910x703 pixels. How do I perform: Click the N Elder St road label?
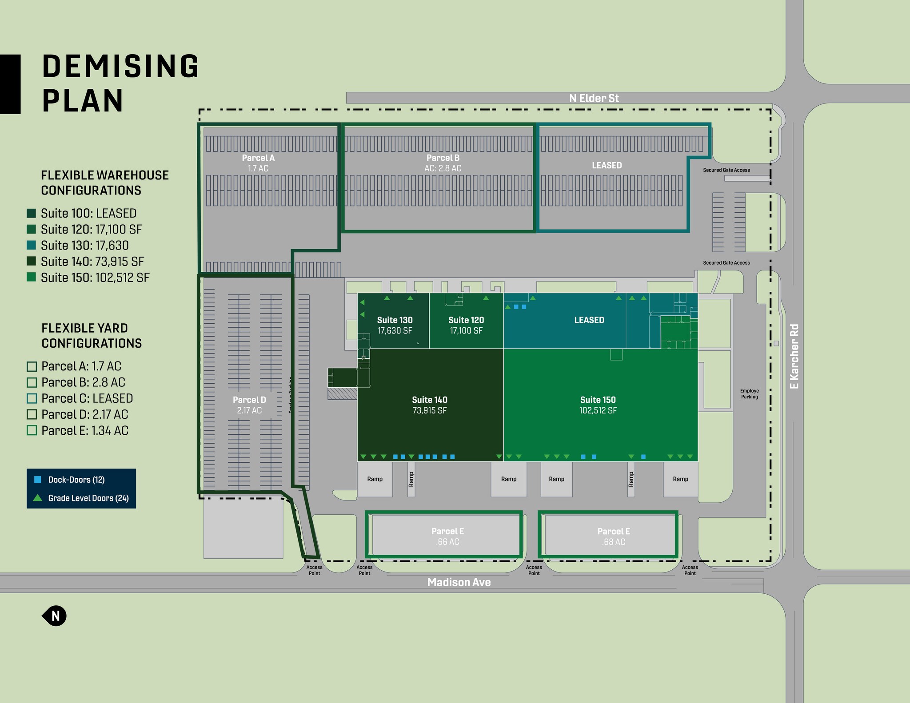pos(594,98)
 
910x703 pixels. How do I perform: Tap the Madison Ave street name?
pos(459,582)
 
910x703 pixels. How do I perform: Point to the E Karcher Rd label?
pos(794,356)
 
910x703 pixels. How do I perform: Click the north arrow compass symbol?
pos(55,616)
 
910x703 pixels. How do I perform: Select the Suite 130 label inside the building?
pos(395,320)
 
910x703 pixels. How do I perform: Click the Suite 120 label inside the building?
pos(466,320)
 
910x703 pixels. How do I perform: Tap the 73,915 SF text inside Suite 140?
pos(429,410)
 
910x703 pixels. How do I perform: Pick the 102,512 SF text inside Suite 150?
pos(598,410)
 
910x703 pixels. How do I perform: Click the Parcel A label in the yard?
pos(258,158)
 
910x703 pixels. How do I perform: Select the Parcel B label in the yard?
pos(443,158)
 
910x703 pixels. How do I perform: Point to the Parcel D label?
pos(249,400)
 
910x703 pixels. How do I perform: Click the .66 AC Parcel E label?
pos(447,542)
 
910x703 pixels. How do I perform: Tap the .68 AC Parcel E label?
pos(614,542)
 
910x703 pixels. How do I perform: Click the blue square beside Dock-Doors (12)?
pos(38,480)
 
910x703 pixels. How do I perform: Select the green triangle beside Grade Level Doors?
pos(38,498)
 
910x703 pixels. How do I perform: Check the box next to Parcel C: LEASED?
pos(32,398)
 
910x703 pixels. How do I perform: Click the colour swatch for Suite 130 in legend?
pos(31,246)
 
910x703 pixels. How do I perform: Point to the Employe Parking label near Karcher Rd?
pos(749,394)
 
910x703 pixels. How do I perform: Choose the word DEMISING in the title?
pos(120,66)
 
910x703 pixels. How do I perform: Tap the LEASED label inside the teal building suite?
pos(589,320)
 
